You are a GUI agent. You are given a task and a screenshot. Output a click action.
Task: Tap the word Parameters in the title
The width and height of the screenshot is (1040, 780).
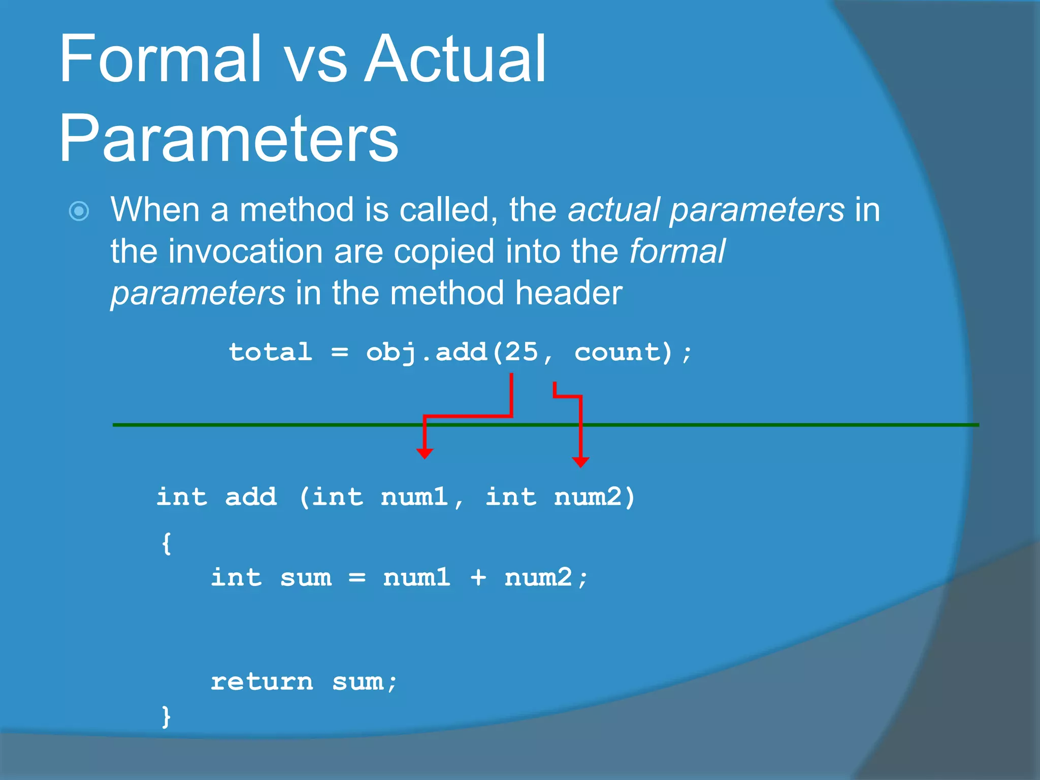(x=229, y=138)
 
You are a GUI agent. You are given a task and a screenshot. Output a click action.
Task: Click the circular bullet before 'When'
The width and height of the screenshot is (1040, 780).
(x=79, y=211)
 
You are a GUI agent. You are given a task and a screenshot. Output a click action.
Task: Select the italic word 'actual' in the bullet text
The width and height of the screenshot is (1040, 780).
(x=613, y=210)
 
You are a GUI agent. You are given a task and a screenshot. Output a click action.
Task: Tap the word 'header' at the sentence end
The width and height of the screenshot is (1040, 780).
(x=569, y=294)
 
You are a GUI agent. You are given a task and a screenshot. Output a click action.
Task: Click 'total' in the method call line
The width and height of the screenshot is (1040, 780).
(x=270, y=352)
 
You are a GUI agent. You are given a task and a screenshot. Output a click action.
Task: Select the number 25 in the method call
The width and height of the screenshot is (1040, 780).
(x=521, y=352)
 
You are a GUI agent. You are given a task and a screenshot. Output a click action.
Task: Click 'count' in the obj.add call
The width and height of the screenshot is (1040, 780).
(x=616, y=352)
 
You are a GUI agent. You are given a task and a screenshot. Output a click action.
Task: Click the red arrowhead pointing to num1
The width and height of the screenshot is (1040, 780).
(x=425, y=453)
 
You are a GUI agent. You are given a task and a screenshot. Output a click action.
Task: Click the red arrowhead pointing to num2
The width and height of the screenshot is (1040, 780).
(x=580, y=462)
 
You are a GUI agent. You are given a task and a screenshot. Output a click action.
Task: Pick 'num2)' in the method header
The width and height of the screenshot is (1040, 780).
(x=594, y=497)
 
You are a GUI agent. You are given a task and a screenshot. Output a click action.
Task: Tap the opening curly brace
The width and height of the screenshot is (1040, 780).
(x=166, y=543)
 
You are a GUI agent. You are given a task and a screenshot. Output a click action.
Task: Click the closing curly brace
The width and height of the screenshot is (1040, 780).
(x=166, y=717)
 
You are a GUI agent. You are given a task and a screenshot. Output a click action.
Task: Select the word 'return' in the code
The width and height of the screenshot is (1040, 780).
(x=262, y=681)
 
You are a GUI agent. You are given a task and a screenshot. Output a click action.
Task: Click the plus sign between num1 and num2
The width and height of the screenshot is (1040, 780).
(x=478, y=577)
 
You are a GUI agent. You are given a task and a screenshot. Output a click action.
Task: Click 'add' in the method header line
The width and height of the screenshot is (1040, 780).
(x=251, y=497)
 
